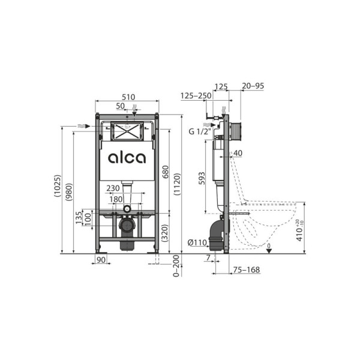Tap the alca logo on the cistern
click(127, 158)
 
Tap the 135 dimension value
click(78, 217)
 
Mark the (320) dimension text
click(164, 232)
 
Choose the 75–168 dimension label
click(247, 269)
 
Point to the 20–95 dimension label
click(252, 86)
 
